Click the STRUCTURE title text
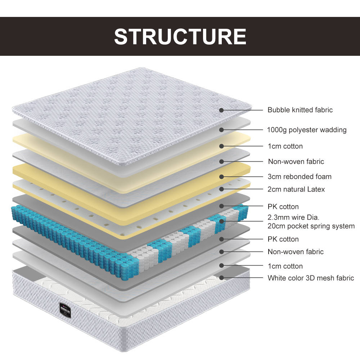point(180,36)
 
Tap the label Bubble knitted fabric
point(300,110)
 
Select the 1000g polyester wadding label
point(307,130)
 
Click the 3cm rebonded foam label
point(300,176)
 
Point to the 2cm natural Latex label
point(296,189)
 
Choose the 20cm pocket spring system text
point(311,226)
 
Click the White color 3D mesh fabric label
point(311,278)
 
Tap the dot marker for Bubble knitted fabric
point(221,110)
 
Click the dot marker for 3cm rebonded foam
point(221,177)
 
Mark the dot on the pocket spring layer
point(221,221)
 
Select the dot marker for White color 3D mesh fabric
point(221,278)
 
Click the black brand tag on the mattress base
point(65,310)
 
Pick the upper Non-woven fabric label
point(296,162)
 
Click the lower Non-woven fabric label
point(296,252)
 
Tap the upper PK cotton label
point(283,207)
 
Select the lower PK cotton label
point(283,239)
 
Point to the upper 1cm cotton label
point(285,146)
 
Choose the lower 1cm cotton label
point(285,266)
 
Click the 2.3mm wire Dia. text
point(293,217)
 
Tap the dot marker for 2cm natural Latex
point(221,189)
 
